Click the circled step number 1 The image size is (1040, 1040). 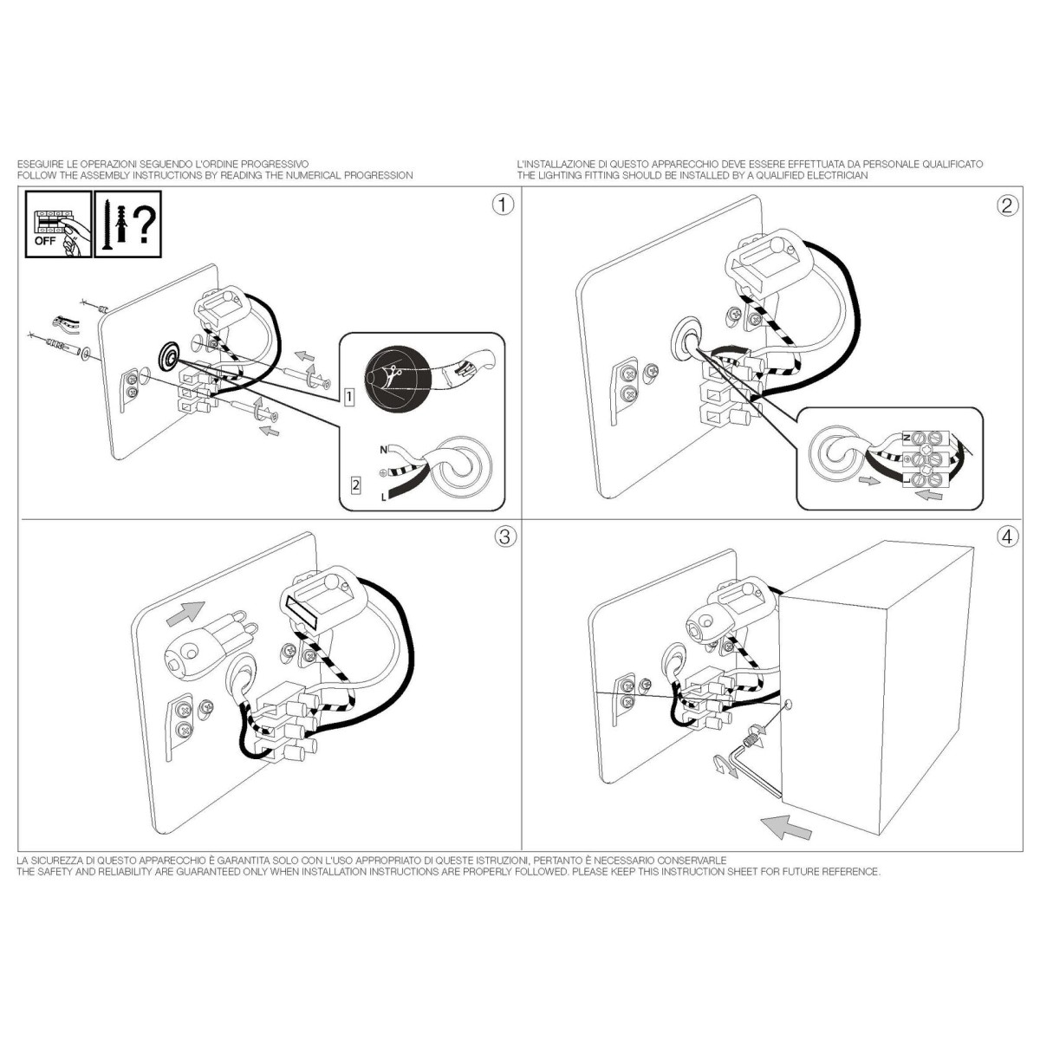(x=503, y=205)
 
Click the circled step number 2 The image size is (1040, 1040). (x=1007, y=205)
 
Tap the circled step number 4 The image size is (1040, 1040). (x=1007, y=537)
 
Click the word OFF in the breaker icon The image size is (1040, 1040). (x=45, y=241)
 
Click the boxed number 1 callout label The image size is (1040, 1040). (x=348, y=397)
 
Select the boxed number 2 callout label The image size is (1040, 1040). (x=355, y=484)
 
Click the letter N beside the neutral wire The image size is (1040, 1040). (x=383, y=450)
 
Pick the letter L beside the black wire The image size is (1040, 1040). (x=384, y=497)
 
